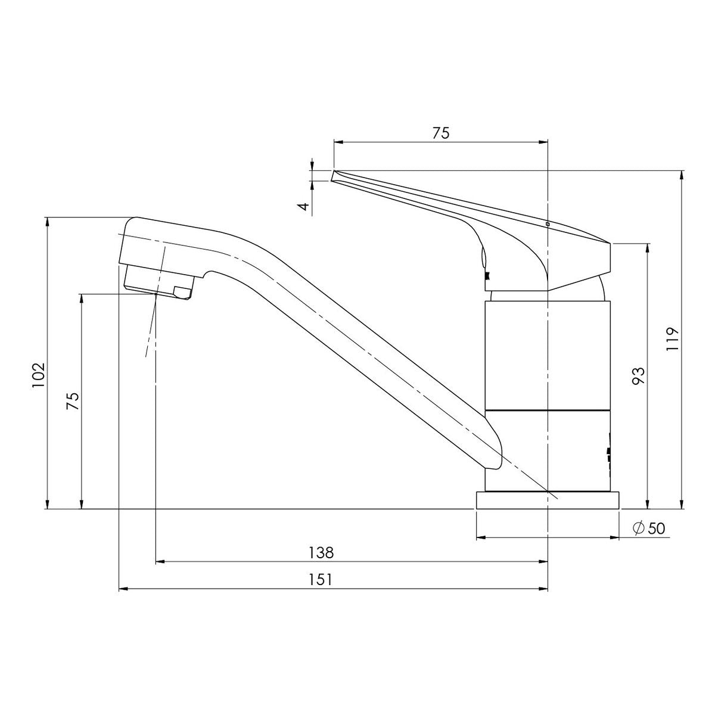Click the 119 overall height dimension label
pyautogui.click(x=672, y=338)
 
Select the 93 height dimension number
pyautogui.click(x=638, y=376)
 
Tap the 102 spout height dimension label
pyautogui.click(x=39, y=375)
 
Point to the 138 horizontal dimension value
pyautogui.click(x=321, y=553)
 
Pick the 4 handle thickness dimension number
pyautogui.click(x=304, y=206)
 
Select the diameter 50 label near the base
pyautogui.click(x=649, y=529)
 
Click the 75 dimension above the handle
pyautogui.click(x=441, y=133)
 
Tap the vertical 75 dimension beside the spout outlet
pyautogui.click(x=73, y=400)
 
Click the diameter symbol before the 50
pyautogui.click(x=639, y=528)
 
